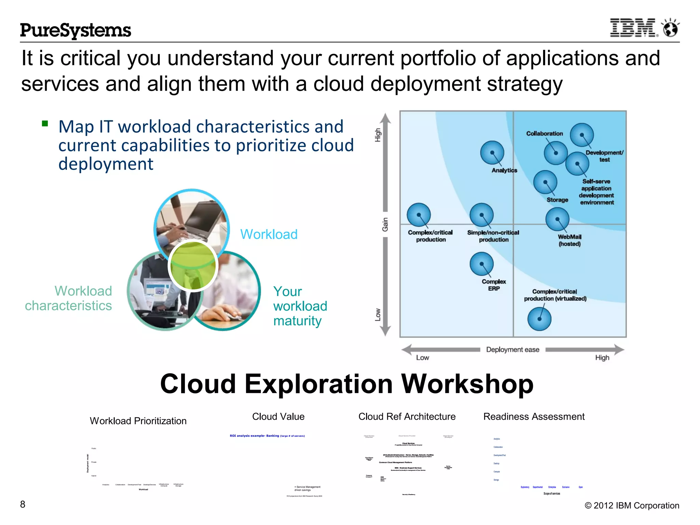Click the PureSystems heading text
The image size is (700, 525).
point(76,30)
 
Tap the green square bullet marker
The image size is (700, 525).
point(45,123)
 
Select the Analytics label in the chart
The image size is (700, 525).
point(504,170)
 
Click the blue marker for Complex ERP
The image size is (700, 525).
point(481,264)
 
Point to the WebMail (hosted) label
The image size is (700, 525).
point(569,240)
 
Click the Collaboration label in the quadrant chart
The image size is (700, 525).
point(544,134)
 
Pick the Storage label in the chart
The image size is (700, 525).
point(557,200)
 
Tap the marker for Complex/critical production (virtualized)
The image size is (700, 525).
point(539,319)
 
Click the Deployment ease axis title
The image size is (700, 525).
point(512,350)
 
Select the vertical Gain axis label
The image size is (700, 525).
point(385,225)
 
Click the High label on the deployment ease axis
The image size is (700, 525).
point(602,358)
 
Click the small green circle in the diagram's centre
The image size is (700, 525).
point(193,266)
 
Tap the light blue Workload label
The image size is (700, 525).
point(269,234)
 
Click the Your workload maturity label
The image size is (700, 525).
point(300,306)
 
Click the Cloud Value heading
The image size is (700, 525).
point(278,417)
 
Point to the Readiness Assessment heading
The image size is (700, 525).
point(534,417)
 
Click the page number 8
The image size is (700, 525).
point(23,504)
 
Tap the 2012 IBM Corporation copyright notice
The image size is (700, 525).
point(632,506)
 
